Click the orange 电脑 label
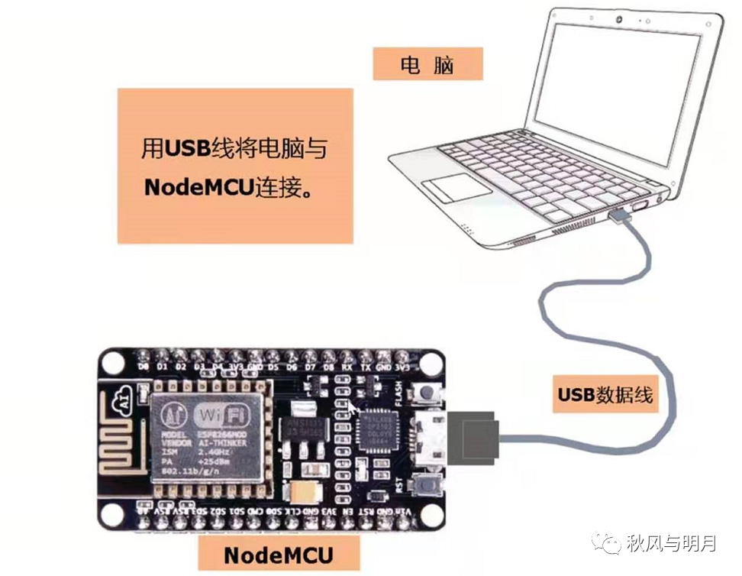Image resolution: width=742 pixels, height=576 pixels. (x=427, y=65)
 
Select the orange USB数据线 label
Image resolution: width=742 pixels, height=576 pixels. (x=605, y=395)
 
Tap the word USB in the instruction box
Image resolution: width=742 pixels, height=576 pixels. (x=187, y=148)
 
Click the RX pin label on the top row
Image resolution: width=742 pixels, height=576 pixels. (x=348, y=367)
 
